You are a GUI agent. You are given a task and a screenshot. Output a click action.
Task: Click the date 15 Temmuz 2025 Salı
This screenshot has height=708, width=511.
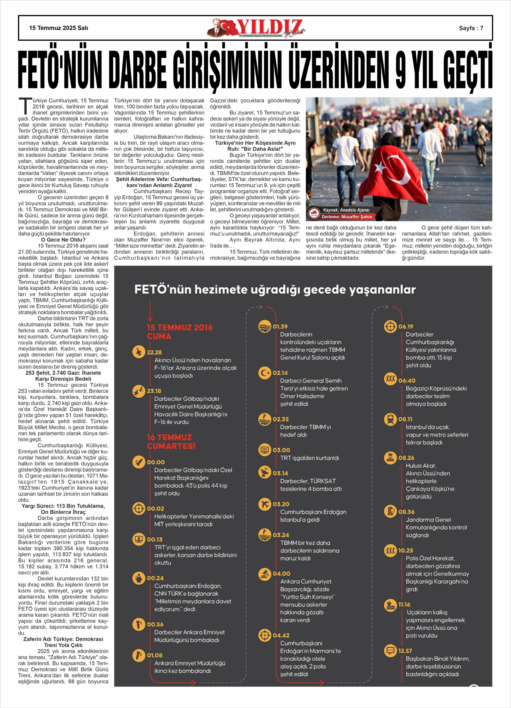(x=59, y=28)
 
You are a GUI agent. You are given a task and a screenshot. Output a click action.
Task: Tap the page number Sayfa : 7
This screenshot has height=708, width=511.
(x=471, y=28)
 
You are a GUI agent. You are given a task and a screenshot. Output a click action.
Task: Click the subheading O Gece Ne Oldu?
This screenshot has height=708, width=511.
(x=63, y=240)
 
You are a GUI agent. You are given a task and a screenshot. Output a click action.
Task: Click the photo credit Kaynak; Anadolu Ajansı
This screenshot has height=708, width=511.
(x=346, y=210)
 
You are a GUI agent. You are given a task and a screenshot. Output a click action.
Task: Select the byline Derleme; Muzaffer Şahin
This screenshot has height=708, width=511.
(x=347, y=217)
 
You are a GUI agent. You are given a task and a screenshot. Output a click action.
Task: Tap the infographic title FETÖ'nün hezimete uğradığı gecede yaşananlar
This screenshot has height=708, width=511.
(x=275, y=289)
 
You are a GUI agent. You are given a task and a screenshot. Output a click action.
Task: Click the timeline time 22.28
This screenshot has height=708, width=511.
(x=154, y=352)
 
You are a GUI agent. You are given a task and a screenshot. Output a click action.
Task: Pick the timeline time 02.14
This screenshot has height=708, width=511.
(x=280, y=373)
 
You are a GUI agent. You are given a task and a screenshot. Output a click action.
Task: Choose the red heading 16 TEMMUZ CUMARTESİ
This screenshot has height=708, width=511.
(x=171, y=441)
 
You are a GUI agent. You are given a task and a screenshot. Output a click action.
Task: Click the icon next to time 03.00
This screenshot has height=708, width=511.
(x=265, y=450)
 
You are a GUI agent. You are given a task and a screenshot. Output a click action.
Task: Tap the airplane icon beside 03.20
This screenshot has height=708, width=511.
(x=265, y=504)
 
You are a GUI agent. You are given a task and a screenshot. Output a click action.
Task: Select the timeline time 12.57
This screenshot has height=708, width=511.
(x=405, y=651)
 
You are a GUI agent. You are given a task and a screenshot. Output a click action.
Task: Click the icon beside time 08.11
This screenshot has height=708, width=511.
(x=390, y=419)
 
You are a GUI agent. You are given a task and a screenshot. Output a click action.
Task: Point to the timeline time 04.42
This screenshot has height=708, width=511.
(x=281, y=635)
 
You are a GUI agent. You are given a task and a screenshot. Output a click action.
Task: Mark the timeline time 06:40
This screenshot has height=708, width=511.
(x=407, y=381)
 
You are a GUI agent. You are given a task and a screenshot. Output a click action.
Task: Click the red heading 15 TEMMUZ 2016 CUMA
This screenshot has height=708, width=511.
(x=179, y=332)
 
